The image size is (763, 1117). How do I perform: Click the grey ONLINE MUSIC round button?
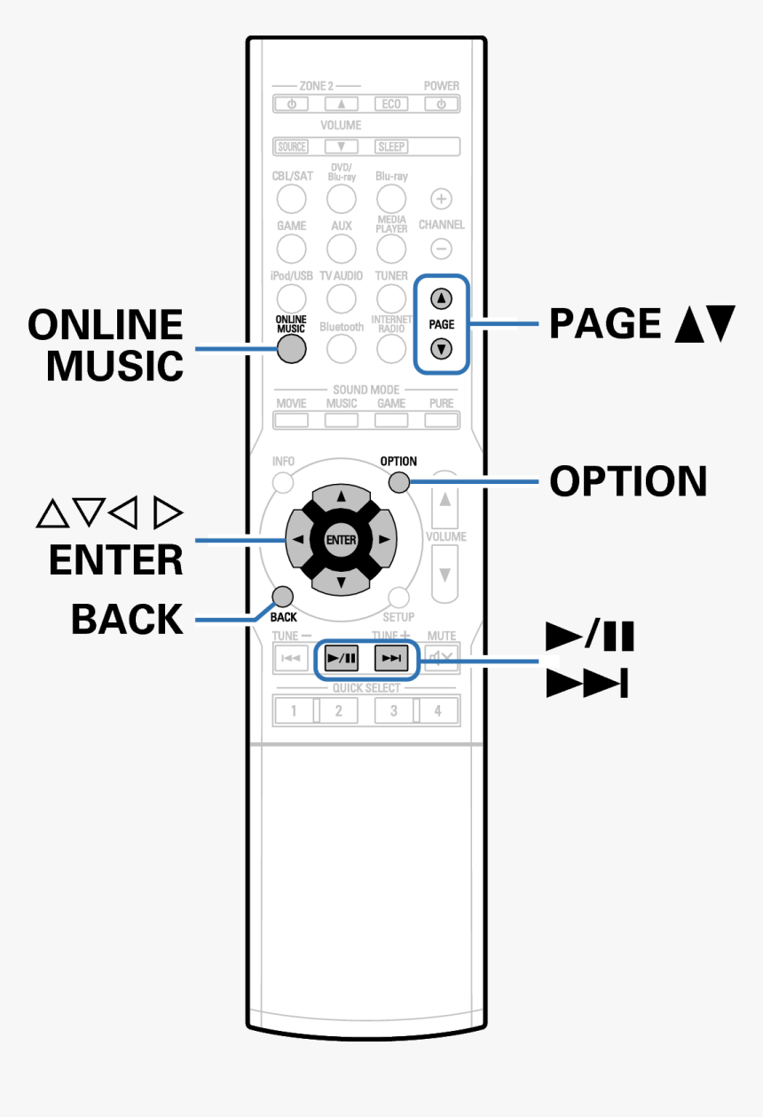[x=291, y=349]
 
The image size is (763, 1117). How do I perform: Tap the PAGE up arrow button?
[x=441, y=299]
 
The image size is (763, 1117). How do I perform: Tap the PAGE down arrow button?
[x=441, y=348]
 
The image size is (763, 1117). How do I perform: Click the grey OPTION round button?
[x=398, y=483]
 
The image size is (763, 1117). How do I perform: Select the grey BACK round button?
[x=282, y=596]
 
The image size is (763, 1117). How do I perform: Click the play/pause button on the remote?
[x=342, y=659]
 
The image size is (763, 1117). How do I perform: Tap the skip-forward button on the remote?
[x=391, y=659]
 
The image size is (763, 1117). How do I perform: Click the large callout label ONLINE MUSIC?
[x=106, y=345]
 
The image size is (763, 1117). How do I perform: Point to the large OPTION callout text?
[x=628, y=481]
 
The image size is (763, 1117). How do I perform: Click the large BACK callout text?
[x=127, y=619]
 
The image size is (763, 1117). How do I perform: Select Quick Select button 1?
[x=294, y=710]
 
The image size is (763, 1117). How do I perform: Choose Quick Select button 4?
[x=438, y=710]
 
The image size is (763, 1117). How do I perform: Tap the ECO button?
[x=391, y=104]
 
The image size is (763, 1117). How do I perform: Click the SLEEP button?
[x=391, y=147]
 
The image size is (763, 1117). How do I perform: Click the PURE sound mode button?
[x=441, y=419]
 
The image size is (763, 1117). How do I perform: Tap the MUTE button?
[x=441, y=659]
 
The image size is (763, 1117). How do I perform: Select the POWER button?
[x=441, y=104]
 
